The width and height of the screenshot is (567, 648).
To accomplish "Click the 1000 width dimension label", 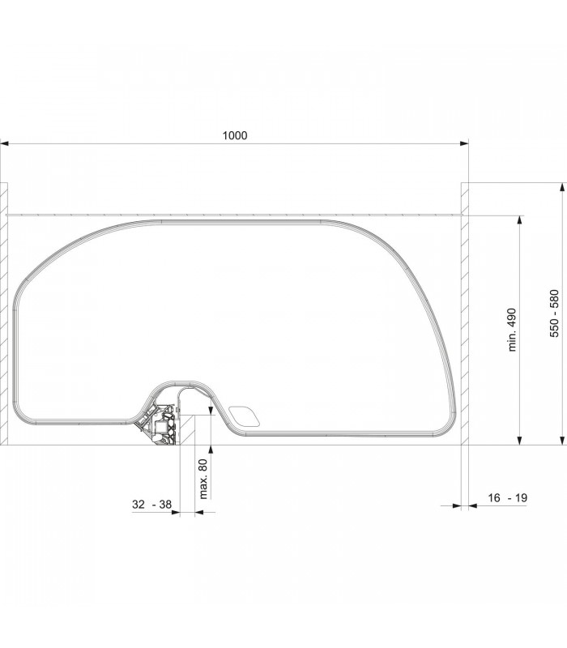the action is click(x=235, y=135).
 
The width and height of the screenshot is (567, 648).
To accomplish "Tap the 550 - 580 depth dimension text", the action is click(x=554, y=313).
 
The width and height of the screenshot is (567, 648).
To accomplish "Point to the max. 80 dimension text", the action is click(x=203, y=479).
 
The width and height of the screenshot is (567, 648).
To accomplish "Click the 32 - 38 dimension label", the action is click(x=151, y=504).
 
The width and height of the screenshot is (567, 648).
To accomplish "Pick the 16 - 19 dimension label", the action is click(x=508, y=497).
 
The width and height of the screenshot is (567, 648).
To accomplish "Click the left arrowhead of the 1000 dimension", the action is click(x=4, y=144).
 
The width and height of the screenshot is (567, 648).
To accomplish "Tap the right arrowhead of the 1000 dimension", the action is click(x=464, y=144).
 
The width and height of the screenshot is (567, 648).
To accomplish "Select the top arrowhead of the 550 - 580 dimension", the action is click(x=561, y=187).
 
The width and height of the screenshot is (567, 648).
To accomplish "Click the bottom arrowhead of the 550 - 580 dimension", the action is click(x=561, y=441).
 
